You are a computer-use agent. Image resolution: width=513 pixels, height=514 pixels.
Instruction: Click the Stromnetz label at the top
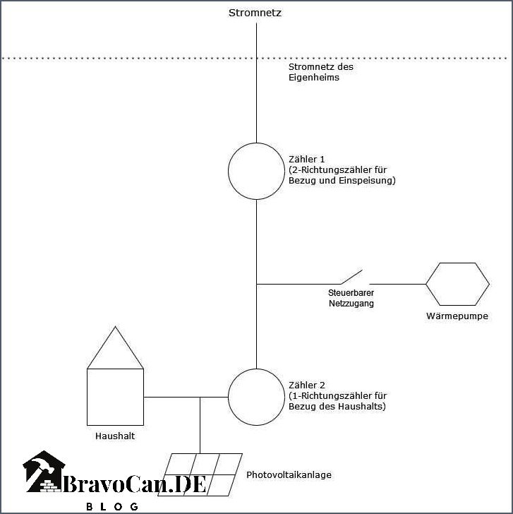pos(255,13)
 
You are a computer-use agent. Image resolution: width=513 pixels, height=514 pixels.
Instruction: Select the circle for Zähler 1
pos(229,171)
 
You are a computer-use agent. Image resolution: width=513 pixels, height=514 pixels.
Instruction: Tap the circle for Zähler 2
pos(229,397)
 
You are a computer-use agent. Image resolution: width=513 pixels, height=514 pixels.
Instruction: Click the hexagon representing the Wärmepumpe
pos(426,285)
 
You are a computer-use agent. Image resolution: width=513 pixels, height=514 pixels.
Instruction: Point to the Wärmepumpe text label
pos(457,316)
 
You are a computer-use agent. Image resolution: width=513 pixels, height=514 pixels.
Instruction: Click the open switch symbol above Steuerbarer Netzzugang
pos(351,277)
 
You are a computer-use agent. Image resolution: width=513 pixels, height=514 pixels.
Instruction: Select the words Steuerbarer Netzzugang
pos(351,298)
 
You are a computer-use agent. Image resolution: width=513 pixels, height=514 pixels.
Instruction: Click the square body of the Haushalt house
pos(87,397)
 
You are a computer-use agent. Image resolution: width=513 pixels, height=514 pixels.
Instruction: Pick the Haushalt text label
pos(115,436)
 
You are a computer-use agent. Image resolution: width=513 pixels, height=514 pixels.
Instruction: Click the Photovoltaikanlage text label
pos(289,474)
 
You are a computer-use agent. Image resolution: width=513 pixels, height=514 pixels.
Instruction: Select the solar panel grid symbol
pos(200,474)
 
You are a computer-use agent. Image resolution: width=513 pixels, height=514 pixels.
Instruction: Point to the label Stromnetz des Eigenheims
pos(321,72)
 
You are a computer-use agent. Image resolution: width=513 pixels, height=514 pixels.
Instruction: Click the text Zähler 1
pos(307,160)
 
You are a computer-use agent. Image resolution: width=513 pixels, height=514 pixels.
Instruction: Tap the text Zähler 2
pos(307,385)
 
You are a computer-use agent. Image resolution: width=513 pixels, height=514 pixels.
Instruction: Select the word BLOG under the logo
pos(112,506)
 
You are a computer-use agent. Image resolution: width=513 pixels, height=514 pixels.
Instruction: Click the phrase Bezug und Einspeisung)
pos(342,181)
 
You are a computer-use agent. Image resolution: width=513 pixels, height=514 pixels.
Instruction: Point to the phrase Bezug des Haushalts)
pos(337,407)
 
